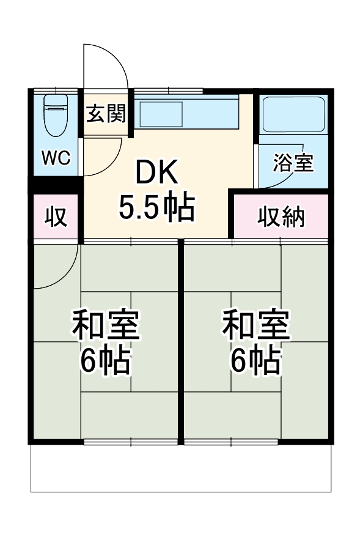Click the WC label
point(56,157)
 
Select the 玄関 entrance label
point(105,113)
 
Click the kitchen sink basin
point(160,113)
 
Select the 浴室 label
point(293,163)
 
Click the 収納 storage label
point(281,217)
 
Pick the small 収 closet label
point(56,217)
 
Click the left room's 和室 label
point(106,326)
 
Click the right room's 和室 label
point(255,326)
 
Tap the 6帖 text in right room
point(255,362)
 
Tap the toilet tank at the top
point(56,102)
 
